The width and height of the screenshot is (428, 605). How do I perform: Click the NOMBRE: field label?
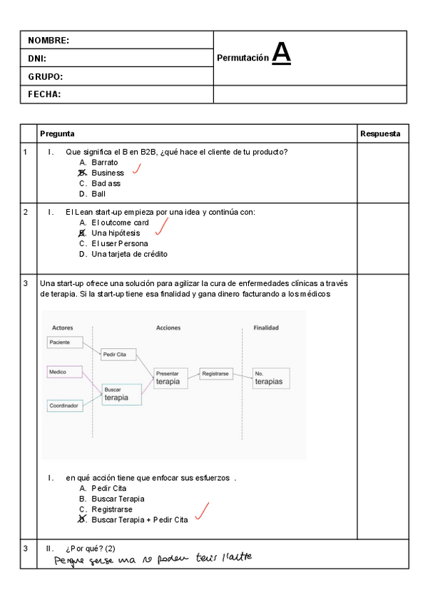[49, 41]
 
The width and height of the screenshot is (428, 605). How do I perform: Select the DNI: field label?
[37, 59]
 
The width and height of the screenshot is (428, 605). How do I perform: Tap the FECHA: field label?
[44, 94]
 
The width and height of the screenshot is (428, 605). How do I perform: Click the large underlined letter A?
[282, 53]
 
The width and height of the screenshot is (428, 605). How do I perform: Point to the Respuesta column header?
[380, 133]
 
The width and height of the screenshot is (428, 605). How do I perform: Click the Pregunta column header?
[57, 133]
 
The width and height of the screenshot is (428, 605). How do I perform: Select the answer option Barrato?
[104, 162]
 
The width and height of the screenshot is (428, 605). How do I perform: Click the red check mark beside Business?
[136, 169]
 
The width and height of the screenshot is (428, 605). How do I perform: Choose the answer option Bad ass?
[106, 183]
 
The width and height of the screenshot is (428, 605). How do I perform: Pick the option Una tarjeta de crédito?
[129, 254]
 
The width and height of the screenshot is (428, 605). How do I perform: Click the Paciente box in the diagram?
[65, 342]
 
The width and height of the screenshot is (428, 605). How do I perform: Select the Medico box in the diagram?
[65, 372]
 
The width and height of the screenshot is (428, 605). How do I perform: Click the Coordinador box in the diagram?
[65, 405]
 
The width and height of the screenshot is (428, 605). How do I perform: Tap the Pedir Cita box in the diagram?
[118, 355]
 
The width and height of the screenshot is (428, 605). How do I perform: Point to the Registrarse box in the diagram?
[215, 373]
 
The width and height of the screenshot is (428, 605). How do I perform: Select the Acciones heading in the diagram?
[168, 328]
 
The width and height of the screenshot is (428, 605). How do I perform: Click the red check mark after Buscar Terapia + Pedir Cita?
[202, 511]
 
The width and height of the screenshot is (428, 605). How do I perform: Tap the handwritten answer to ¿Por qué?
[153, 559]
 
